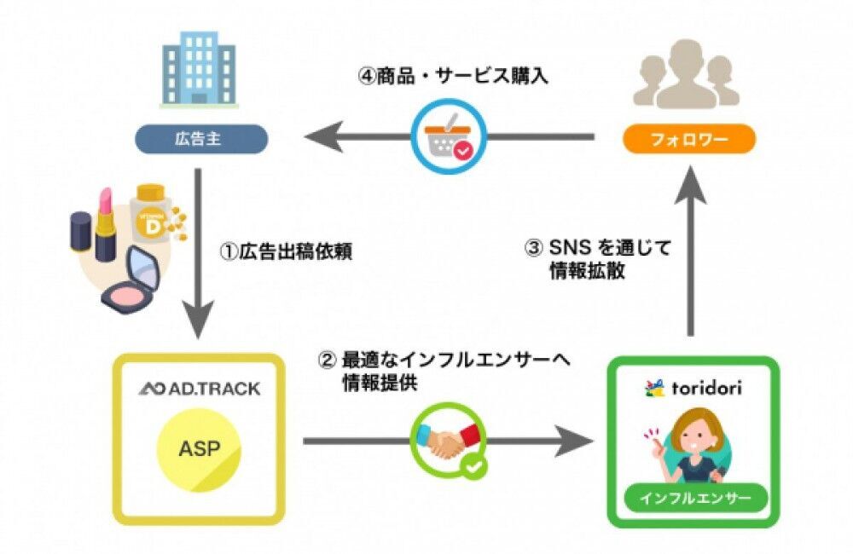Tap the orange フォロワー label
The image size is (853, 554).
(688, 139)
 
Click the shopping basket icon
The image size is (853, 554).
(446, 136)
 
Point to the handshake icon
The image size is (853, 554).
(446, 440)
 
